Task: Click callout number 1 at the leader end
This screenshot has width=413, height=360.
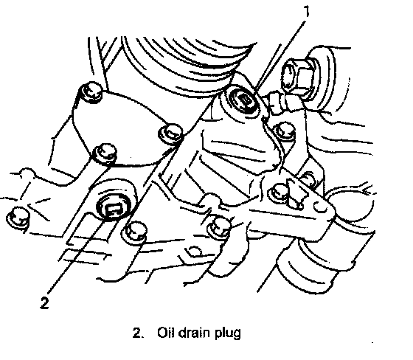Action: tap(306, 12)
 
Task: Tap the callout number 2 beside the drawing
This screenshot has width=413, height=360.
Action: tap(44, 302)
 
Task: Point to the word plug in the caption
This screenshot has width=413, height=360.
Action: tap(228, 333)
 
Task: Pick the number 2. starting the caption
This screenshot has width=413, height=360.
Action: tap(139, 333)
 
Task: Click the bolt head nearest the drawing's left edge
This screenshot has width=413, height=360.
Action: tap(18, 217)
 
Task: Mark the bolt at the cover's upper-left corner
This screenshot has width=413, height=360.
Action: tap(91, 92)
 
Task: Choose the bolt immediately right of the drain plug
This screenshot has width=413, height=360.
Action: tap(136, 232)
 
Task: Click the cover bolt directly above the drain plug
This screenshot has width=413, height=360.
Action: tap(105, 153)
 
